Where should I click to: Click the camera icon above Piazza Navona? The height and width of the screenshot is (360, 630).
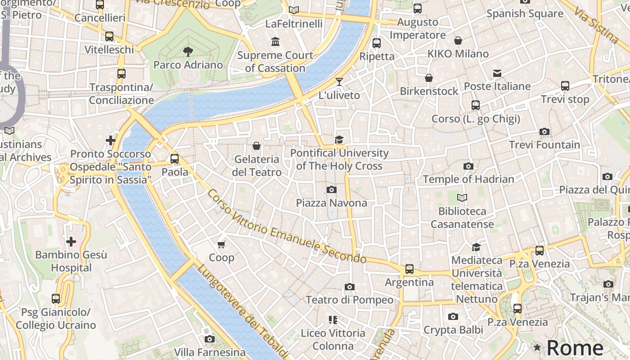point(332,189)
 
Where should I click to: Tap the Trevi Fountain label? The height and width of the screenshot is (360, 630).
point(544,145)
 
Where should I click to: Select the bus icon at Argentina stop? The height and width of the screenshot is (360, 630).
point(409,269)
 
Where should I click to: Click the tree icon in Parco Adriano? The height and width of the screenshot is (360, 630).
point(188,52)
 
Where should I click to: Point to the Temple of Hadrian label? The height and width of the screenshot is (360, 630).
point(468,179)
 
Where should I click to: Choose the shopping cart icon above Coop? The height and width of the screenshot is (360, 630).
point(221,244)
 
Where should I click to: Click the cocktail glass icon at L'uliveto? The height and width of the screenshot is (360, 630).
point(339,82)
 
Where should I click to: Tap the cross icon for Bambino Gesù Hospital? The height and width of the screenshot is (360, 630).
point(71,242)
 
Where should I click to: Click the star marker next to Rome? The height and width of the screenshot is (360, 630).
point(537,347)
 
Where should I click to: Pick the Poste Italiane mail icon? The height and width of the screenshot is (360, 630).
point(497,73)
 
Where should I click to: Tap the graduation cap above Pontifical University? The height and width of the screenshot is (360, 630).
point(339,140)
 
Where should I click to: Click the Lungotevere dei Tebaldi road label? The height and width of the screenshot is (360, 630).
point(242,311)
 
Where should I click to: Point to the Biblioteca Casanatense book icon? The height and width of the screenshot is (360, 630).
point(462,198)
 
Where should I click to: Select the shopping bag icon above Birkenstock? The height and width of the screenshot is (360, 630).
point(429,78)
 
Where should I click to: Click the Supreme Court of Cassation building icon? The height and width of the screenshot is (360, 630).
point(275,42)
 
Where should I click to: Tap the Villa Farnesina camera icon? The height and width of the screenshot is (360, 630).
point(209,339)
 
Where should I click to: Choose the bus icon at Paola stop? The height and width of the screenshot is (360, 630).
point(175,159)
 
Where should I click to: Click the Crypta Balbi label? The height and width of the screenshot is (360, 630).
point(453,330)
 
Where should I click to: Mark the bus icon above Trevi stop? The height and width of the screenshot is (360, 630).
point(565,86)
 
